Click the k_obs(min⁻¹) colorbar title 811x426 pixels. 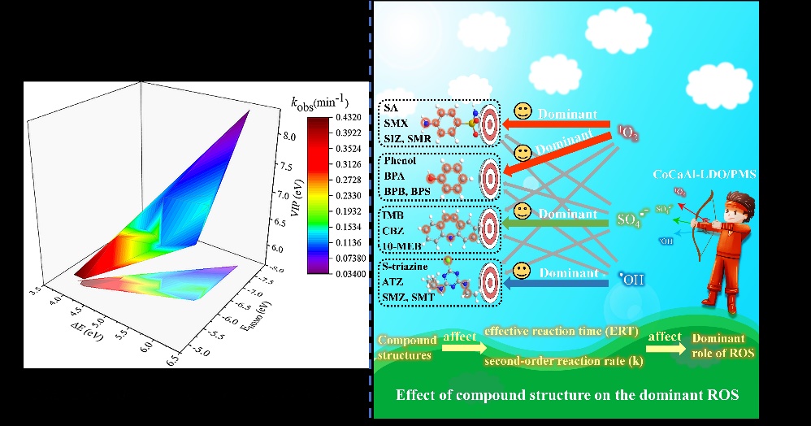pyautogui.click(x=320, y=102)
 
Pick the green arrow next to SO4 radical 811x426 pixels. pyautogui.click(x=560, y=220)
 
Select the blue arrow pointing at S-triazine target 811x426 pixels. pyautogui.click(x=560, y=283)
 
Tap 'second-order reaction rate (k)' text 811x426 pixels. pyautogui.click(x=559, y=360)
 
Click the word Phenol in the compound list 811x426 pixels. pyautogui.click(x=399, y=160)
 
